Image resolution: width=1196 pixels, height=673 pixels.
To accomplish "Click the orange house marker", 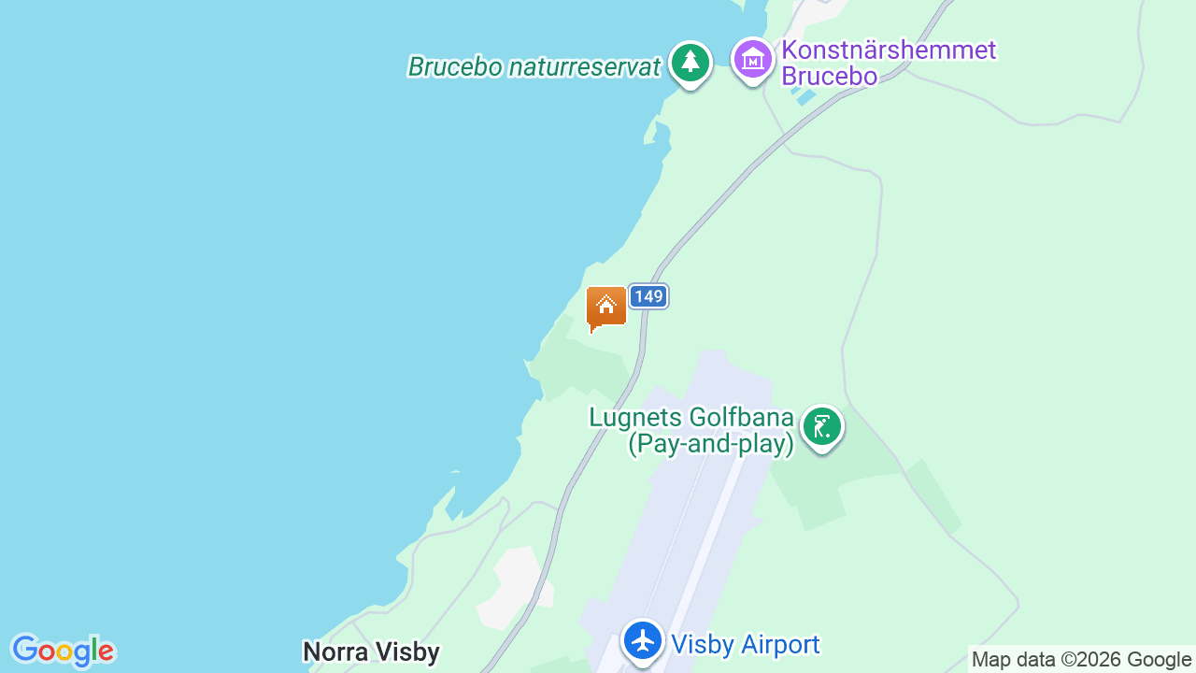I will [606, 308].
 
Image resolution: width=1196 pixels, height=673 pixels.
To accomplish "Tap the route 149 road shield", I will [648, 297].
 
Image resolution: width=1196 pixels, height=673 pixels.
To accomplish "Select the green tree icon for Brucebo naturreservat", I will [691, 63].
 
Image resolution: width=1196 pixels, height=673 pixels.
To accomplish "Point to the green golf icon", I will [821, 428].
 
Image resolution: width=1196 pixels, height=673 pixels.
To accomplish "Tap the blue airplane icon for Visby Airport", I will [643, 641].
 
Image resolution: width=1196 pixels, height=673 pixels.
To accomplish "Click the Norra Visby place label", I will [371, 652].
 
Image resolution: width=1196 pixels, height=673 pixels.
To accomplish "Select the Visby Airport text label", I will [746, 645].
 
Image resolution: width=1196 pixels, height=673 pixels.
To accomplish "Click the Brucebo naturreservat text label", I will [534, 67].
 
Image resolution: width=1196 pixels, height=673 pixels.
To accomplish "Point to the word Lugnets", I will [635, 417].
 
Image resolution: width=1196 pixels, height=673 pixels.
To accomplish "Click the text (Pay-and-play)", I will [710, 444].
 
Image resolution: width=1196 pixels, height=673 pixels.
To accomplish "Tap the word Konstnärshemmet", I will [889, 50].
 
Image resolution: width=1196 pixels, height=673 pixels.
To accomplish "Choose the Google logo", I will [63, 651].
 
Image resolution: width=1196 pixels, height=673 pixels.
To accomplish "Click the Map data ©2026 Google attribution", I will [1081, 660].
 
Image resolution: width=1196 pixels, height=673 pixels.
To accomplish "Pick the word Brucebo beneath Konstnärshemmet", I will [829, 77].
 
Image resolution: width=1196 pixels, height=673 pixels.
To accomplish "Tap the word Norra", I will [332, 652].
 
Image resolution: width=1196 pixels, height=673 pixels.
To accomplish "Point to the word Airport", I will [777, 645].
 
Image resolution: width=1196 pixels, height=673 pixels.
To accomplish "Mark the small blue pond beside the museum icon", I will [800, 94].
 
